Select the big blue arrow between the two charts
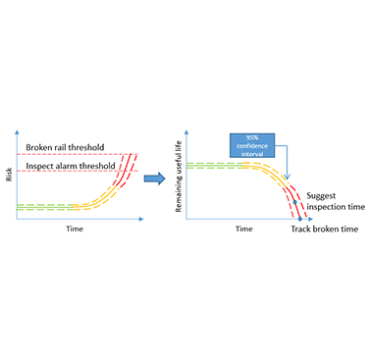155,179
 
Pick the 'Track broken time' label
324,229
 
